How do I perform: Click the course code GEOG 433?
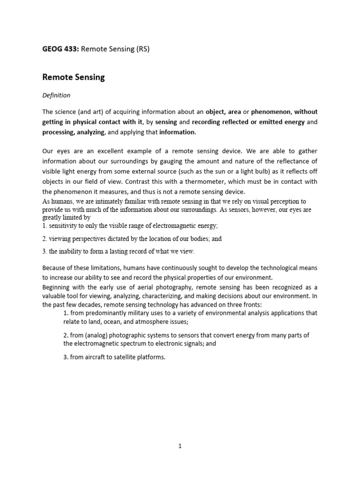(60, 49)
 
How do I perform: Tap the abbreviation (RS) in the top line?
(142, 49)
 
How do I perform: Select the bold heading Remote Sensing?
(74, 77)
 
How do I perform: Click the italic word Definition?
(56, 95)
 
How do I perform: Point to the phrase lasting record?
(120, 252)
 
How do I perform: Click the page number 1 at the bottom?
(180, 446)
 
